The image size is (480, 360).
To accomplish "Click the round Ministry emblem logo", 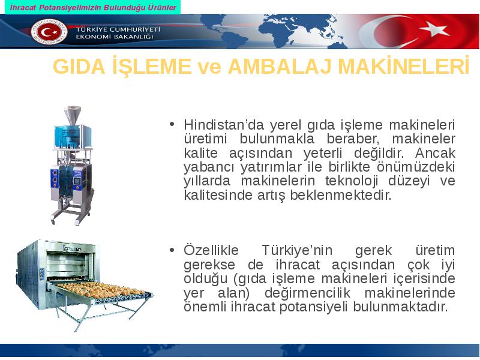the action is click(49, 32).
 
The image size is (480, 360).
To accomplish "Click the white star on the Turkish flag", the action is click(434, 30).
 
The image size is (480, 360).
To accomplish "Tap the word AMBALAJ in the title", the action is click(280, 66).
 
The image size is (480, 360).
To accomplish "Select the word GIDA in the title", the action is click(79, 66).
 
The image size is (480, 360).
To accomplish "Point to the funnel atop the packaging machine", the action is click(73, 115).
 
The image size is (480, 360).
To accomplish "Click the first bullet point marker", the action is click(172, 124).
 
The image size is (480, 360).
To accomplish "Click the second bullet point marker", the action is click(172, 250).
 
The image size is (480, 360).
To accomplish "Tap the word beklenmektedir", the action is click(341, 195).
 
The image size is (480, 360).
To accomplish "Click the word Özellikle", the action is click(211, 250).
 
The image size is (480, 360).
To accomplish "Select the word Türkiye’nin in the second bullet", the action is click(297, 250).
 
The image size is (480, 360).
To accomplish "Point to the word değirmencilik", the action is click(307, 293).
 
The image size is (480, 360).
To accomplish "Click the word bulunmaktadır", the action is click(400, 307).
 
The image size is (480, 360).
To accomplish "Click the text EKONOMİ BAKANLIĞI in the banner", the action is click(114, 37).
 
